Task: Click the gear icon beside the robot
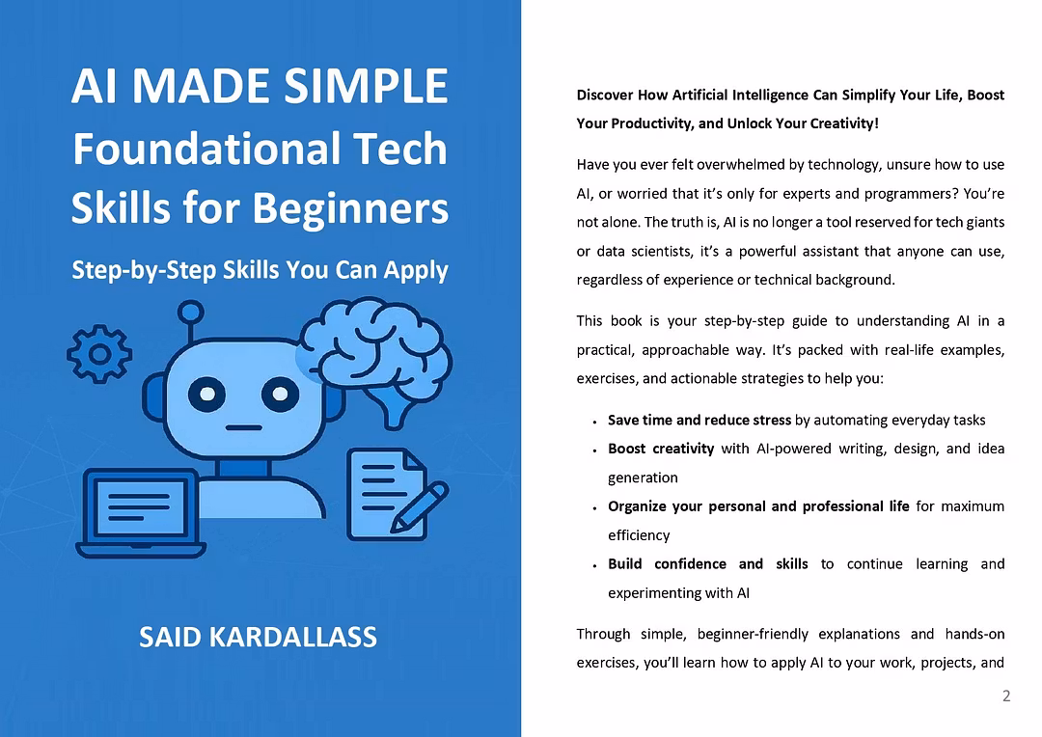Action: click(99, 353)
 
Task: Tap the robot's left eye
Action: click(206, 395)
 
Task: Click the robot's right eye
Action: click(280, 395)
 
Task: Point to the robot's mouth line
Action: click(243, 427)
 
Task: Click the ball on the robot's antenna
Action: click(191, 313)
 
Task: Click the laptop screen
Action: click(140, 506)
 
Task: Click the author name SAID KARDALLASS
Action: click(258, 638)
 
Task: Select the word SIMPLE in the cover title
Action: click(367, 86)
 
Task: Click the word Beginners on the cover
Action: click(350, 208)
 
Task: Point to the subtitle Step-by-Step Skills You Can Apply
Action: click(260, 270)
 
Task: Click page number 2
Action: click(1006, 696)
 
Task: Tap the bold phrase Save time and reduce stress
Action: click(699, 420)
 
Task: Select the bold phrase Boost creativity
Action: click(661, 450)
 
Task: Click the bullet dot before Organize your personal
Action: click(594, 508)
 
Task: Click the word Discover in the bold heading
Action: click(605, 96)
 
